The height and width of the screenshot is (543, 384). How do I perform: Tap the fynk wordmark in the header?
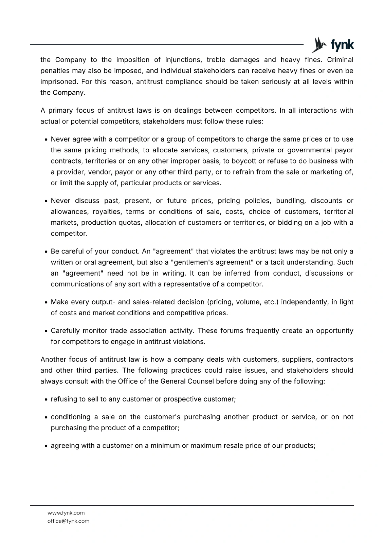pos(342,45)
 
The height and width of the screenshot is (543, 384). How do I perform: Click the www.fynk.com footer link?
pos(66,513)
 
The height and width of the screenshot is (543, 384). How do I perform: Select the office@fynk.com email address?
pos(68,521)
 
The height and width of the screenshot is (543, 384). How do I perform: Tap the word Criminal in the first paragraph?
pos(340,60)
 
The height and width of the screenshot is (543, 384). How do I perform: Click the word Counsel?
pos(201,381)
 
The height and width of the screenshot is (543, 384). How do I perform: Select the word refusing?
pos(63,399)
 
